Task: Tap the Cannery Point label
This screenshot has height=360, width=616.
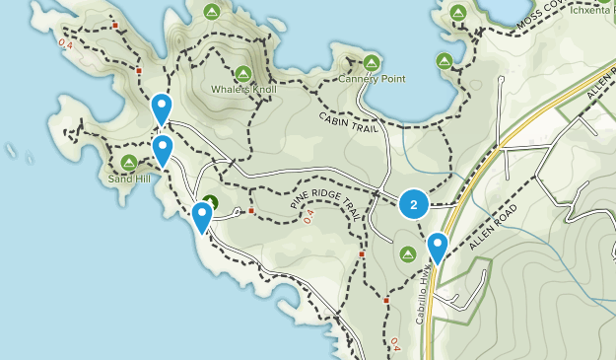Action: tap(372, 78)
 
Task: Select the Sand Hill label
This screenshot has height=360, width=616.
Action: tap(128, 180)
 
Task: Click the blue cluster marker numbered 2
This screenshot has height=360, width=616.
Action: tap(413, 205)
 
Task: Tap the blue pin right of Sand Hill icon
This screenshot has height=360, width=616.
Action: tap(163, 150)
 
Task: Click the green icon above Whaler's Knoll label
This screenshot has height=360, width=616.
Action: tap(243, 73)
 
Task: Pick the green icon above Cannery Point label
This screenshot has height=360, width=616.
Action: tap(372, 61)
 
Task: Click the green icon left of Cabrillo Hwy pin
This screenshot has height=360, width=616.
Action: tap(408, 254)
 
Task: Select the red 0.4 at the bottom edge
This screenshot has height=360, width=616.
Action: tap(396, 344)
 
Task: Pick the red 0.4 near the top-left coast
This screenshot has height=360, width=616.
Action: tap(65, 43)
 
